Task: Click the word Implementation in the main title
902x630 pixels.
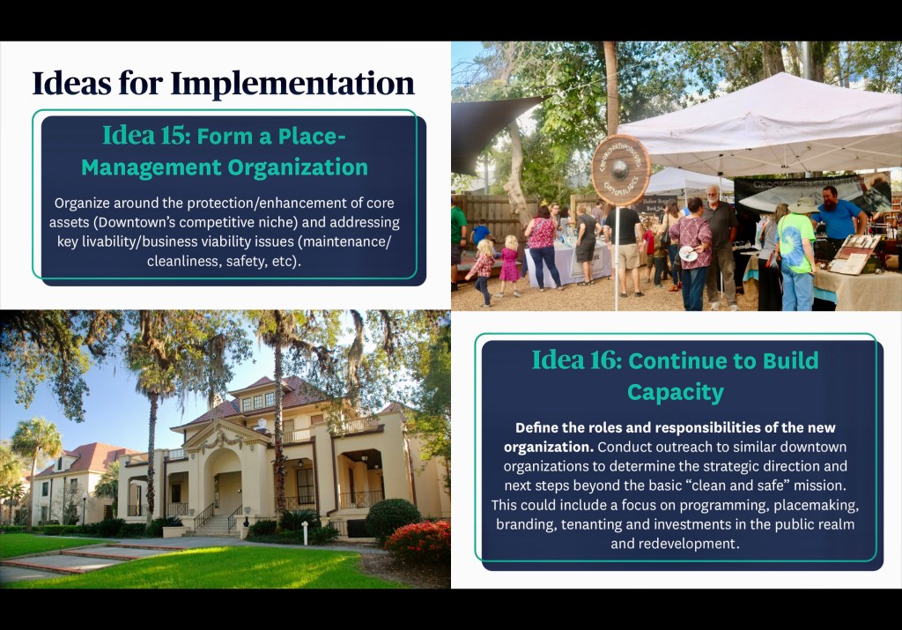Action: coord(292,84)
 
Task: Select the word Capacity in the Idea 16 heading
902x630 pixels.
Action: coord(676,393)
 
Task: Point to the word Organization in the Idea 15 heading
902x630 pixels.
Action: coord(298,167)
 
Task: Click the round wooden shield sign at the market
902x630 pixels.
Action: coord(621,170)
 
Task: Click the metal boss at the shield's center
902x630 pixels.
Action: coord(619,170)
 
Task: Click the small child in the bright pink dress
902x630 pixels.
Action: coord(509,264)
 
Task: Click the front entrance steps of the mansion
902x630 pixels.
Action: coord(215,525)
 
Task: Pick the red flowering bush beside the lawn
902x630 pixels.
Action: coord(418,541)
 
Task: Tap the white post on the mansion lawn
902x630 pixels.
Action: coord(306,533)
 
